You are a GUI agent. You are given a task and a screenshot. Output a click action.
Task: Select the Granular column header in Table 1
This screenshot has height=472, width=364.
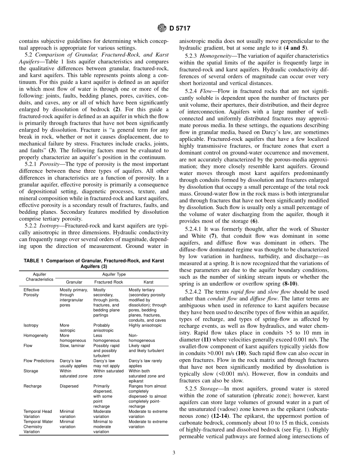[x=74, y=282]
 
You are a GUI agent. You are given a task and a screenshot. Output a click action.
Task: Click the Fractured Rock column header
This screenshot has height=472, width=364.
[x=108, y=282]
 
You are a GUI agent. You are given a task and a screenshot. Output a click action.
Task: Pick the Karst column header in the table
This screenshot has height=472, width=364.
[x=148, y=282]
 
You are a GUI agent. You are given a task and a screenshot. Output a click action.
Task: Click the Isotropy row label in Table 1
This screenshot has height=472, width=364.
[x=31, y=325]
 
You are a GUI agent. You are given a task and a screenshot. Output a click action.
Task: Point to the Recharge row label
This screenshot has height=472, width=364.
[x=33, y=386]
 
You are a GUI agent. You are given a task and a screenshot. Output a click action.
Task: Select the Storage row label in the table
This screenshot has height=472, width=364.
[x=31, y=371]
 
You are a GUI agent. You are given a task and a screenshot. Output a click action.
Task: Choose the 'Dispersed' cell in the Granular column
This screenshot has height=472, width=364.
[x=69, y=386]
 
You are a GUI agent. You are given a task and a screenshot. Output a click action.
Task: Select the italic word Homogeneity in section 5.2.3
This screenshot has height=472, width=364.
[x=217, y=56]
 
